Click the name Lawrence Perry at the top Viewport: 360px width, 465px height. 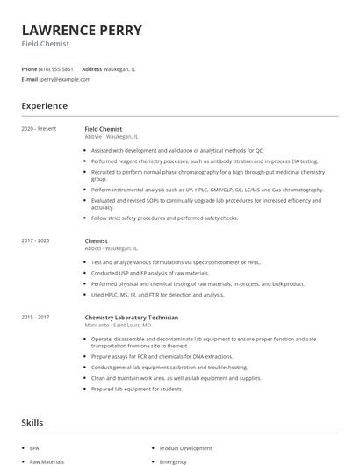[82, 31]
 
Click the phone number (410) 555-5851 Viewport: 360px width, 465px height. [56, 68]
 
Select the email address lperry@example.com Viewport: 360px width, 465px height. [65, 79]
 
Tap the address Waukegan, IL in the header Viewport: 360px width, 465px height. [119, 68]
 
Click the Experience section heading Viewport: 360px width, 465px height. [44, 106]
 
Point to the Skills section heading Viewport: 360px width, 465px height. [32, 423]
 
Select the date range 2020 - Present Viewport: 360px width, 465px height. [39, 129]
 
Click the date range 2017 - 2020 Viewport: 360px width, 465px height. [36, 240]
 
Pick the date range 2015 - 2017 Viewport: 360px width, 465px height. [36, 317]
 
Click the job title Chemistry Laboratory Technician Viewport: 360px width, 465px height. [131, 317]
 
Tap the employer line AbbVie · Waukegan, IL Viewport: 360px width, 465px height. [112, 137]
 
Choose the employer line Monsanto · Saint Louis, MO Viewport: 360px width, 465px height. [118, 325]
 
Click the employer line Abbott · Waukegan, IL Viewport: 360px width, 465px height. [111, 248]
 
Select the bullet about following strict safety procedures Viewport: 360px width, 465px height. [164, 218]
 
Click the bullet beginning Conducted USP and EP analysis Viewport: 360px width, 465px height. [150, 273]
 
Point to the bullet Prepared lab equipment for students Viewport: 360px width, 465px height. [137, 389]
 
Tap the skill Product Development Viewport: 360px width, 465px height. [185, 448]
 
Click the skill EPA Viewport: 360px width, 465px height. [34, 448]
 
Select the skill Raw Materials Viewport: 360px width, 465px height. [47, 461]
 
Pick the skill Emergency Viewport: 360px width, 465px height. [173, 461]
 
